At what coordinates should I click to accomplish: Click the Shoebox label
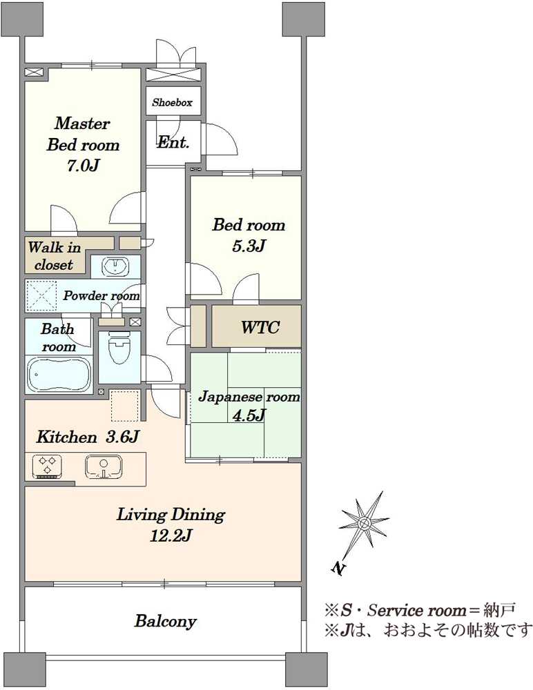click(172, 103)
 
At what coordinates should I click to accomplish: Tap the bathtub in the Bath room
click(59, 375)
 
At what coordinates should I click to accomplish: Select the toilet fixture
click(119, 349)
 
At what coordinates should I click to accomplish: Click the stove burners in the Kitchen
click(47, 466)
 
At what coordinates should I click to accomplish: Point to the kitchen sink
click(104, 467)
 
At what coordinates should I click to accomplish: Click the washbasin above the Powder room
click(115, 266)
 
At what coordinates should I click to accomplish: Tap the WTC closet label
click(260, 327)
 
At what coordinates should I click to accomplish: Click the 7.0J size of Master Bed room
click(83, 166)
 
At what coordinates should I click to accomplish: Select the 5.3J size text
click(249, 246)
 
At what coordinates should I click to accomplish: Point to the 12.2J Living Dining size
click(171, 535)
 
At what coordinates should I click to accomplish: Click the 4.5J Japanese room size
click(249, 415)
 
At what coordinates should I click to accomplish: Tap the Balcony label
click(166, 621)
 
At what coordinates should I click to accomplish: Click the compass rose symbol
click(365, 523)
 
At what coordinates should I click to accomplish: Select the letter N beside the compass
click(338, 568)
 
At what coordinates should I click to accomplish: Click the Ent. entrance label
click(173, 142)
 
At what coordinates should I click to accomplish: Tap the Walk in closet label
click(54, 256)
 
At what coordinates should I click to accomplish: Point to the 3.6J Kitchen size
click(122, 437)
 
